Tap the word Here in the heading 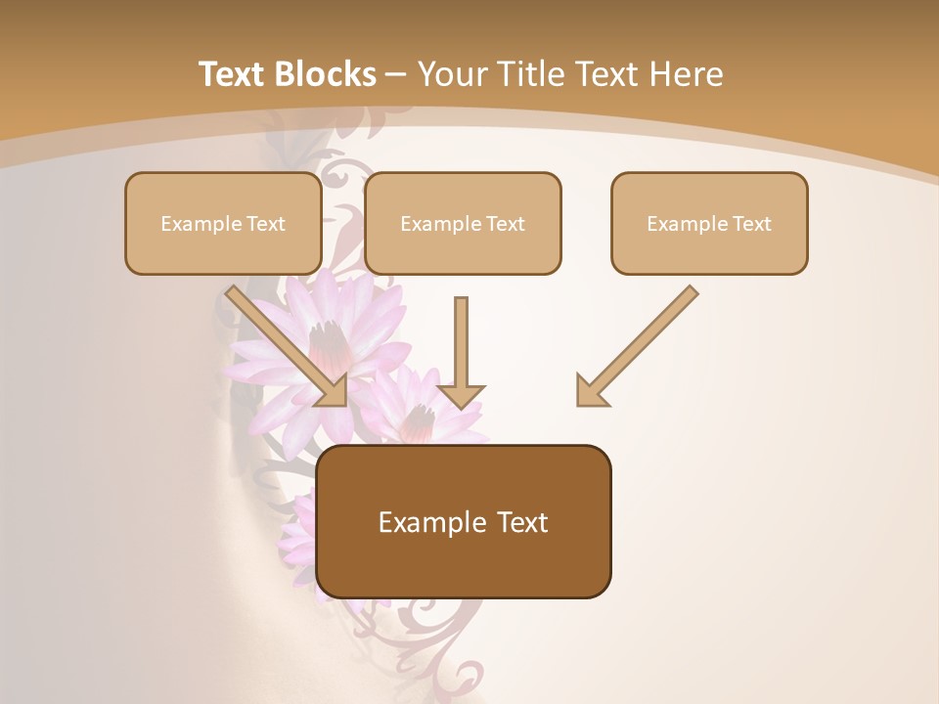tap(686, 74)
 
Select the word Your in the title tap(454, 74)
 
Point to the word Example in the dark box tap(430, 523)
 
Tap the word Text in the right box tap(751, 224)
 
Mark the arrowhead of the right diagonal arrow tap(590, 390)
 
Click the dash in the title tap(396, 75)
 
